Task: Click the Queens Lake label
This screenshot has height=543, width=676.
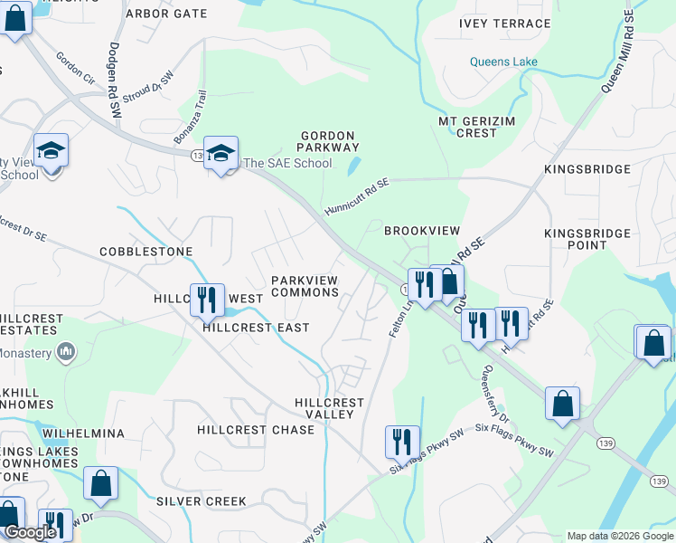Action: point(503,62)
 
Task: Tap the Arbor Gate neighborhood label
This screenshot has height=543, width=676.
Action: point(166,14)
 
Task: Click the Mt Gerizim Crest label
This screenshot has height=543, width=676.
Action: point(467,127)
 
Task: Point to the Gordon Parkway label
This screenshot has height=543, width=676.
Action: point(330,140)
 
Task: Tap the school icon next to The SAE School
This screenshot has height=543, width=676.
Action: point(221,153)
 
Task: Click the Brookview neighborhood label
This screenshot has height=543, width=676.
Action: point(422,231)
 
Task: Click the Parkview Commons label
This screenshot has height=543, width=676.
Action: point(305,286)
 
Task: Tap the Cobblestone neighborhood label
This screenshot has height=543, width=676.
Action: point(146,251)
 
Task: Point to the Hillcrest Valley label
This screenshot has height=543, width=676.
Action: point(329,408)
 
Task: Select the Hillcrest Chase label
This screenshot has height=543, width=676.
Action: point(256,430)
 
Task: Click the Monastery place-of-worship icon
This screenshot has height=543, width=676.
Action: point(65,350)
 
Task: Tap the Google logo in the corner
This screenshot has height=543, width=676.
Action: point(29,532)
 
